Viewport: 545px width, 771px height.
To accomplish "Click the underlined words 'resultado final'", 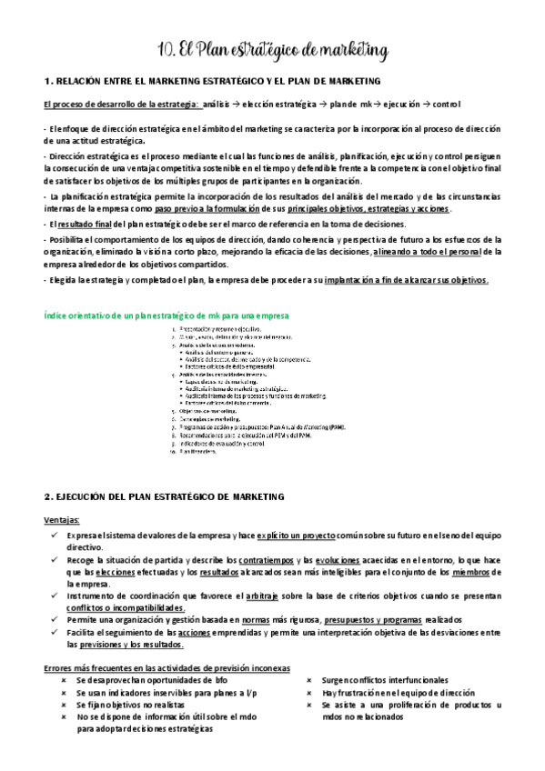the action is [x=89, y=223].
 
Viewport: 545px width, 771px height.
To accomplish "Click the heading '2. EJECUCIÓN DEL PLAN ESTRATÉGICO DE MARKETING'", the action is [x=165, y=497].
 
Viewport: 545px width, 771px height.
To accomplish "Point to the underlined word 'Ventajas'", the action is [x=61, y=520].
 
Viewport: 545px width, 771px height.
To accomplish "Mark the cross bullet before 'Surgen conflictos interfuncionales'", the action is [x=311, y=679].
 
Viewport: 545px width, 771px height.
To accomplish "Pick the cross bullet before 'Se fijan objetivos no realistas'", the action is [x=64, y=704].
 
